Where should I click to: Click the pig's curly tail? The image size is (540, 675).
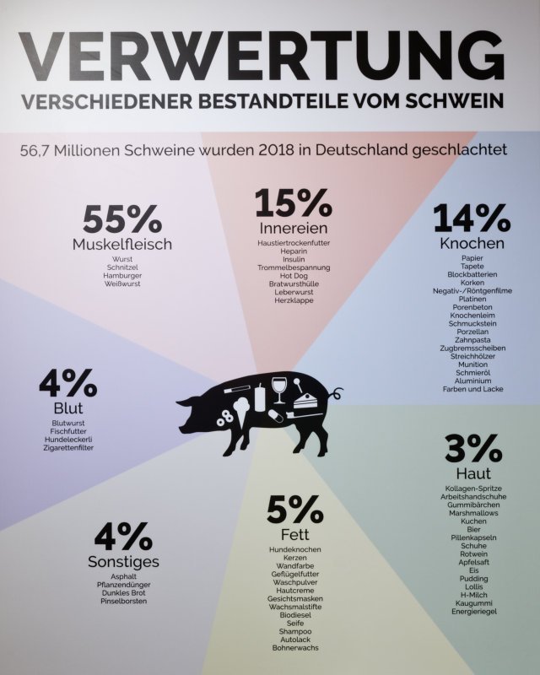point(336,394)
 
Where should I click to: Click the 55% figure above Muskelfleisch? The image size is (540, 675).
point(122,220)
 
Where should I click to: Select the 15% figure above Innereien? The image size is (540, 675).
point(294,203)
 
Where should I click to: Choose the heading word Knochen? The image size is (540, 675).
point(472,243)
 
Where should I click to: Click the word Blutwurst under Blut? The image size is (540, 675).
point(70,423)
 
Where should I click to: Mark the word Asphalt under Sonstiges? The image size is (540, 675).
point(123,575)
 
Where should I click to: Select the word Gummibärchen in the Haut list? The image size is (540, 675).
point(472,504)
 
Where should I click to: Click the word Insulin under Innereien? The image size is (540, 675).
point(294,259)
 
